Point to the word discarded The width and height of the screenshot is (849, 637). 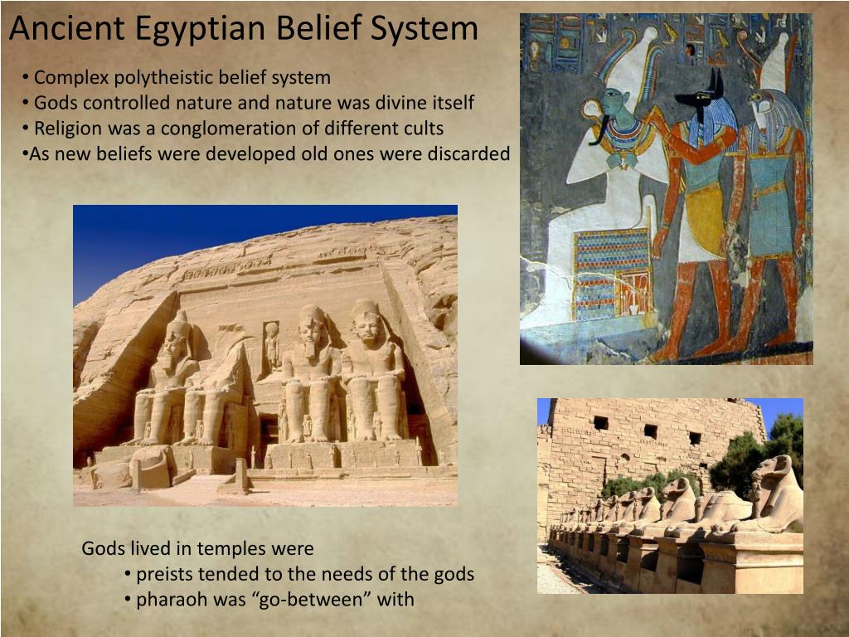pyautogui.click(x=468, y=154)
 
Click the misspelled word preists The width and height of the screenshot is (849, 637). pyautogui.click(x=164, y=574)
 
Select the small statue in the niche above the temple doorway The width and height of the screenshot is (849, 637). pyautogui.click(x=271, y=344)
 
